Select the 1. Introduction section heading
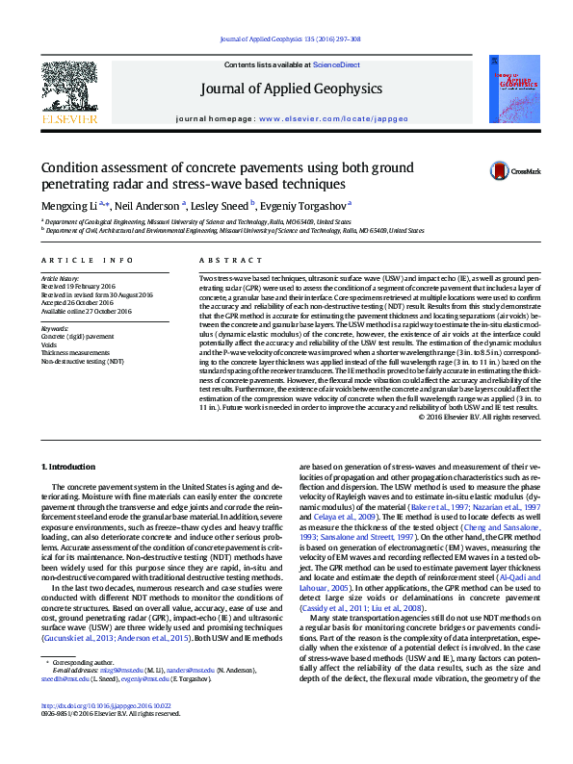[x=72, y=467]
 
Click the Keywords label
[x=55, y=328]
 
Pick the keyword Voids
[x=49, y=344]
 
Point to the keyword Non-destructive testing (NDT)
[x=83, y=360]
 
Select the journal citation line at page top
[x=286, y=40]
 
